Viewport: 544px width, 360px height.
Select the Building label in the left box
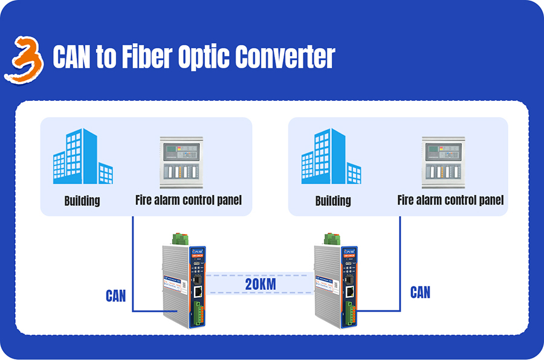82,201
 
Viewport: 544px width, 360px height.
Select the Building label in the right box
333,201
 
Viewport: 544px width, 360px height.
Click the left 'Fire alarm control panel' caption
188,200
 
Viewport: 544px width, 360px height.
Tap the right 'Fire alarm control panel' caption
450,200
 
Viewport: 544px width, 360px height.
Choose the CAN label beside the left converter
116,295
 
